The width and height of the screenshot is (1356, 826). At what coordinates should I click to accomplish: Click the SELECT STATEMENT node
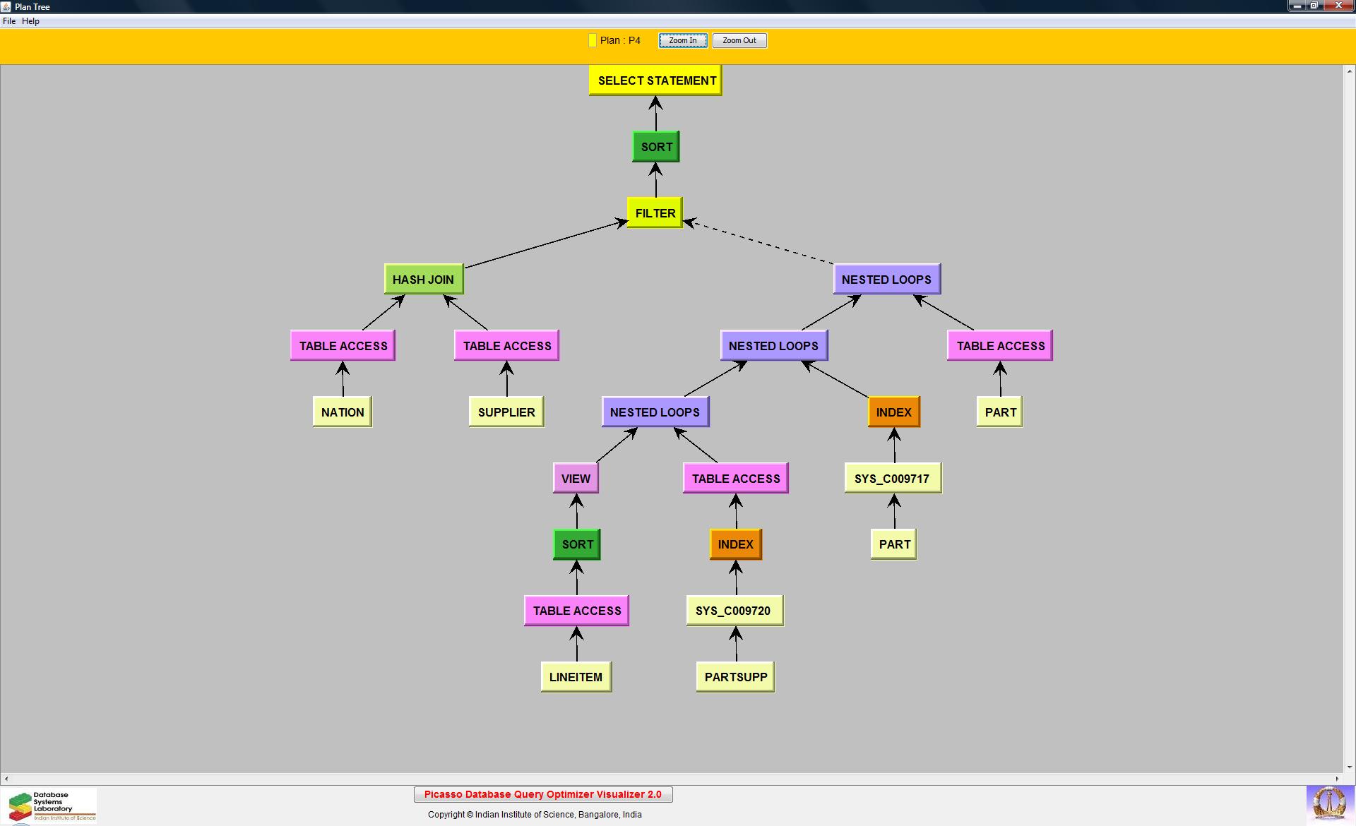(x=655, y=80)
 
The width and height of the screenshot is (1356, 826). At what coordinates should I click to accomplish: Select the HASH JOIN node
(x=424, y=280)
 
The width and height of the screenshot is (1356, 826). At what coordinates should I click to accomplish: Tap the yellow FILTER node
(x=655, y=213)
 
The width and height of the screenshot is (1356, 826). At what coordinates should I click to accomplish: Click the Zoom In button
(x=682, y=41)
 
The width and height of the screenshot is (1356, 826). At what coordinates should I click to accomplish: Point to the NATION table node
(x=343, y=412)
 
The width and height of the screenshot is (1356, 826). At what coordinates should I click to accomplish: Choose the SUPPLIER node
(x=506, y=412)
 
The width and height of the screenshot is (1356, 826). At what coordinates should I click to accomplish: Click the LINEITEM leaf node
(x=576, y=677)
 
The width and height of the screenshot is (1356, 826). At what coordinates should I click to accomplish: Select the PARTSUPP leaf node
(x=735, y=677)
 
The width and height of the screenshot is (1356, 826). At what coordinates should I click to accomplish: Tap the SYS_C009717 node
(x=892, y=479)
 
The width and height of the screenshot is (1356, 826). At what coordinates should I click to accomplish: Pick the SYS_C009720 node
(x=734, y=611)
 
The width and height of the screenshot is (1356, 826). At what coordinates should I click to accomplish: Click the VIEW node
(x=576, y=479)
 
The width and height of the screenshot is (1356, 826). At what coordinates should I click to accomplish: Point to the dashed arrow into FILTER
(x=759, y=243)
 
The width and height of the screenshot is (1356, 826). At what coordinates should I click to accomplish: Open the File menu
(x=9, y=21)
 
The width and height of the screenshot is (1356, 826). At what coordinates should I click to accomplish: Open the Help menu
(x=30, y=21)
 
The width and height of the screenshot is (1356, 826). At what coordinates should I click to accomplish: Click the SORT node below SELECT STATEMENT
(x=656, y=147)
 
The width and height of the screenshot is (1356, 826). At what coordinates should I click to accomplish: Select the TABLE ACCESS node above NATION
(x=343, y=346)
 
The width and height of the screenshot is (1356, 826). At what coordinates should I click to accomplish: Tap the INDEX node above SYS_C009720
(x=735, y=544)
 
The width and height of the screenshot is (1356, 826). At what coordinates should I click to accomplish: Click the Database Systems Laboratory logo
(x=50, y=806)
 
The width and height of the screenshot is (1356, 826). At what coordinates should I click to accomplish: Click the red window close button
(x=1338, y=6)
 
